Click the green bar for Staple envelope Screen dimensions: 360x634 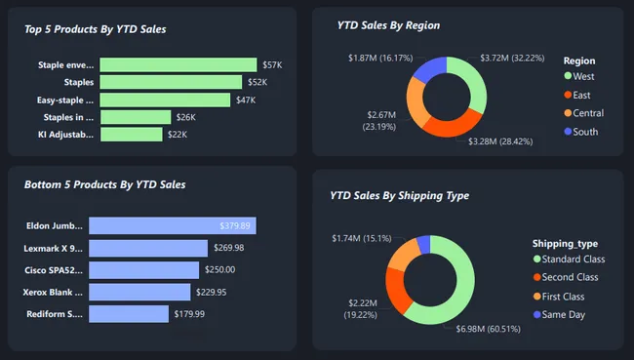tap(178, 64)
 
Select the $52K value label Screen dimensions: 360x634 tap(257, 82)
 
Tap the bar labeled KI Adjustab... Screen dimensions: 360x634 tap(132, 135)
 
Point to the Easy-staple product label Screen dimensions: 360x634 tap(66, 100)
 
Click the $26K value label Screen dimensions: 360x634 tap(185, 117)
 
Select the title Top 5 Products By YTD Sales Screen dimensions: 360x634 tap(96, 29)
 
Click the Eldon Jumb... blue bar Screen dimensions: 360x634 tap(172, 225)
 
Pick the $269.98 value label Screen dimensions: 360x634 tap(229, 248)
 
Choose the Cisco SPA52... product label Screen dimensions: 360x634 tap(54, 270)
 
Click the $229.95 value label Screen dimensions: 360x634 tap(215, 292)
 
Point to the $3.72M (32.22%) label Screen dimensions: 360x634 tap(512, 59)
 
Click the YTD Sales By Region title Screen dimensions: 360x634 tap(388, 25)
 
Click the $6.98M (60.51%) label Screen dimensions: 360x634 tap(488, 329)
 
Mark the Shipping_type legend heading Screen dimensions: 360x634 tap(565, 243)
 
